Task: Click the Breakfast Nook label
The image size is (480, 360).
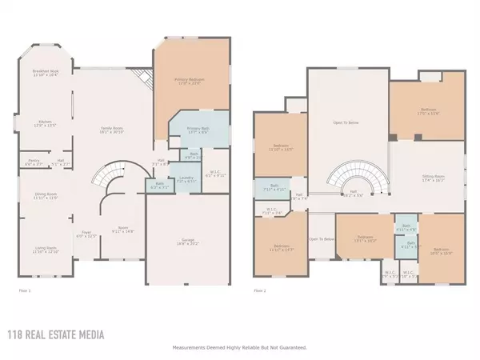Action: [x=47, y=73]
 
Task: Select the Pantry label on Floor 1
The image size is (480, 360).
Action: [x=34, y=162]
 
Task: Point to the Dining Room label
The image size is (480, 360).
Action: [x=45, y=195]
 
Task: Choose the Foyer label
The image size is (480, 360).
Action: [x=85, y=234]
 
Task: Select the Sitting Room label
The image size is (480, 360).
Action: [x=434, y=178]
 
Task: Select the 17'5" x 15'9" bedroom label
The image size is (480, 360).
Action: [x=430, y=112]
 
